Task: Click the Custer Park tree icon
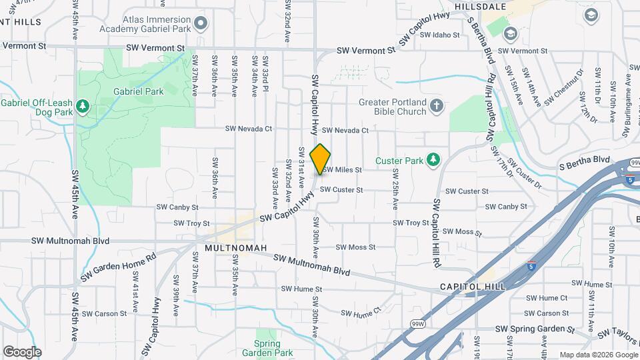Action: coord(433,159)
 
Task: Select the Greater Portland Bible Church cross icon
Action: coord(436,106)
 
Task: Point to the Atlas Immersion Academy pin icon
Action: coord(201,25)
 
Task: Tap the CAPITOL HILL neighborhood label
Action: coord(473,286)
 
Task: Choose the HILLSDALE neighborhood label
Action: coord(481,6)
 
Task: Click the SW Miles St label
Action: coord(343,170)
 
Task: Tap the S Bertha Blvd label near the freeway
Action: coord(585,160)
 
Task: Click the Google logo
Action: coord(22,351)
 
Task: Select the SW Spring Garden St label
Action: coord(535,329)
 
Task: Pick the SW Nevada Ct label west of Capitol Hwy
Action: coord(249,129)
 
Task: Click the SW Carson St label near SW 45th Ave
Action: coord(105,313)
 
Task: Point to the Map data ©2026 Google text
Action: coord(597,355)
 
